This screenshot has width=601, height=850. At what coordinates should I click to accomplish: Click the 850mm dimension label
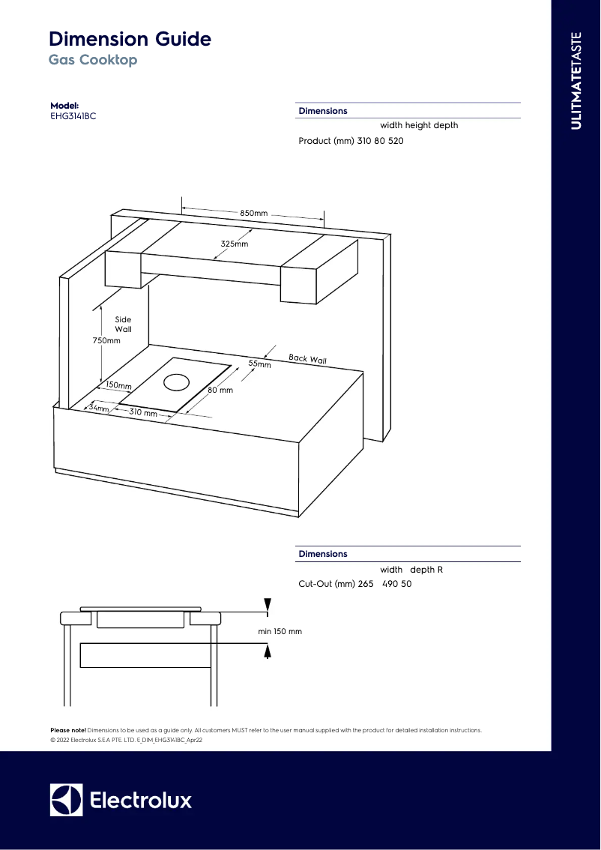tap(253, 214)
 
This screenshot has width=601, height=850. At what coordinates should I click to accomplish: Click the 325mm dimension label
tap(234, 244)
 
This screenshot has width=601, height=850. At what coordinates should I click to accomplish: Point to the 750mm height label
tap(106, 340)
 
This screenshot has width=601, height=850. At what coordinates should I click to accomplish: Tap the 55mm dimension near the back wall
tap(259, 364)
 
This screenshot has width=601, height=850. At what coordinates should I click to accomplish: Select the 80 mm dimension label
tap(220, 391)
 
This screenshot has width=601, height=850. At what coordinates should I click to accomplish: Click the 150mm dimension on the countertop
tap(118, 385)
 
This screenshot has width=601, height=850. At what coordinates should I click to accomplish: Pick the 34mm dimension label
tap(99, 408)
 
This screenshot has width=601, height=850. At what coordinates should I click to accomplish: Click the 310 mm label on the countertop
tap(143, 413)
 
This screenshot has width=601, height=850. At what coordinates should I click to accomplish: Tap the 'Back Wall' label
tap(307, 359)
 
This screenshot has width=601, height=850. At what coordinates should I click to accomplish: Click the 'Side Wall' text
tap(123, 325)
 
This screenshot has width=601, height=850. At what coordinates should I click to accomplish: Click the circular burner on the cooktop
tap(177, 382)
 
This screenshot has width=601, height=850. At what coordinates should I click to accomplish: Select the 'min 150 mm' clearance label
tap(280, 632)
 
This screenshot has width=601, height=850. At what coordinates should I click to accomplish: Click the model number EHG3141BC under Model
tap(73, 116)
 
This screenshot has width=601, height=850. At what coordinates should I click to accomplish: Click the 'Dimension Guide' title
tap(130, 39)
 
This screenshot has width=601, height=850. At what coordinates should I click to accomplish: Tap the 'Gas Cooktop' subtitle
tap(93, 60)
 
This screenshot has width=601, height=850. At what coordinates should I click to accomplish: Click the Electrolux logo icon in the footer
tap(66, 800)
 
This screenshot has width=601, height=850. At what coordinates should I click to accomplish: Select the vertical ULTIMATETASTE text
tap(576, 81)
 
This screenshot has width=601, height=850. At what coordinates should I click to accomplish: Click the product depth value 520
tap(396, 141)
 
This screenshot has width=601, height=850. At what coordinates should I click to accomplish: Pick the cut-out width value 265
tap(366, 584)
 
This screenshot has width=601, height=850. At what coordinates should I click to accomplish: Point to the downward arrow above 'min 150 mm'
tap(268, 605)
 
